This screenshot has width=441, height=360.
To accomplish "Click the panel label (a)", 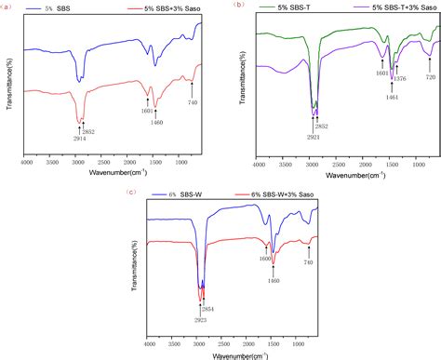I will pyautogui.click(x=7, y=5).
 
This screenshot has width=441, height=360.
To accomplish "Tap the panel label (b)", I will pyautogui.click(x=241, y=6).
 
